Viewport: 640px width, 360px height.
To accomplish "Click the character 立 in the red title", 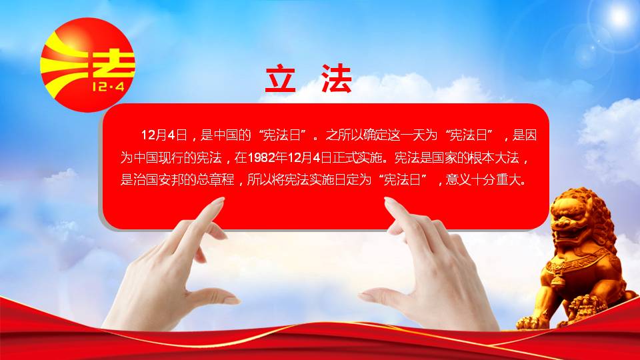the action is [x=280, y=79].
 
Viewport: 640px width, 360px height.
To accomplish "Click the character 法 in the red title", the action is [x=336, y=79].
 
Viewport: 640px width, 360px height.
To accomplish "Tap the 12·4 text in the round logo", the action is [x=108, y=86].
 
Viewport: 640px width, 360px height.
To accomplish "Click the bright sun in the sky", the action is [x=619, y=15].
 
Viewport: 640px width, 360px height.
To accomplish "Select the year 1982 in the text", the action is [x=261, y=157].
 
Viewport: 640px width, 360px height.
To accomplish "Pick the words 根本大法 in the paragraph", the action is [x=494, y=157].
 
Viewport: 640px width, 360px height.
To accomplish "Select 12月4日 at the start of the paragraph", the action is [x=164, y=135].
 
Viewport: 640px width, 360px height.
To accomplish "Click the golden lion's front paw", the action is [x=529, y=323].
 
